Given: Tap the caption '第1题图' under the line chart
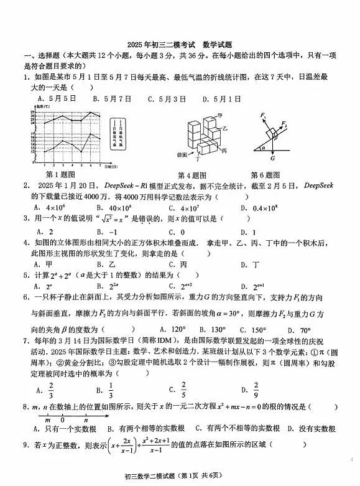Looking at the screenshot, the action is [x=60, y=175].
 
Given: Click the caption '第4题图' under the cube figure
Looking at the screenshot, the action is [x=191, y=175].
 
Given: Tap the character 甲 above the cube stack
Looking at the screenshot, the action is [x=219, y=115].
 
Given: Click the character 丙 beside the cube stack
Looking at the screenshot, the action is [x=223, y=151].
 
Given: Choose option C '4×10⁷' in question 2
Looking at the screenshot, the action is [x=176, y=207].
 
